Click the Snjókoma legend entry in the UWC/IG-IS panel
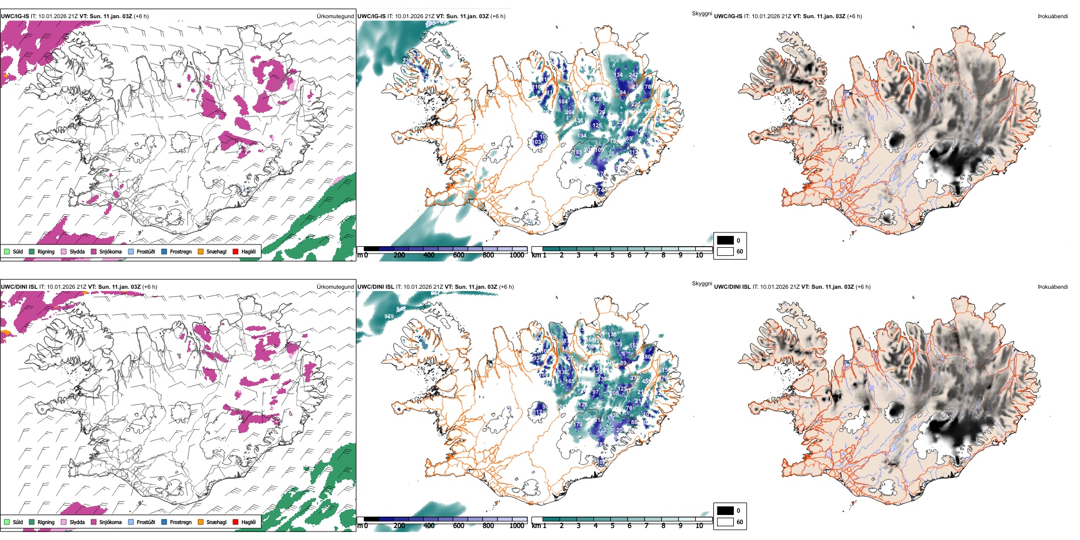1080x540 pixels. click(110, 251)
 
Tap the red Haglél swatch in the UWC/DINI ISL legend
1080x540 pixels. click(235, 522)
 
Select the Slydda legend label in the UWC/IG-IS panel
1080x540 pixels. click(77, 251)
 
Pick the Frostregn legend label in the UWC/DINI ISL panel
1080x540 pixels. click(181, 522)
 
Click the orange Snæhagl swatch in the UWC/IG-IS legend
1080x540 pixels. click(201, 251)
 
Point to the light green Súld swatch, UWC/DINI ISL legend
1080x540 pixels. click(7, 522)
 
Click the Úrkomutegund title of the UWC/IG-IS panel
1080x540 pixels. click(335, 16)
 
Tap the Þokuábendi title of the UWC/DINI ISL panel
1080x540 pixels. click(1053, 286)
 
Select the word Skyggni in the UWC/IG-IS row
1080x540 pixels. click(701, 13)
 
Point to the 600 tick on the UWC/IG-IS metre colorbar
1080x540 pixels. click(459, 255)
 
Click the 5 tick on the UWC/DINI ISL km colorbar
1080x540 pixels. click(613, 526)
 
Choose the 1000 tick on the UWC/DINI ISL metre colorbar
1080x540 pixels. click(517, 526)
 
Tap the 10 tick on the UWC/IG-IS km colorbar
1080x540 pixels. click(699, 255)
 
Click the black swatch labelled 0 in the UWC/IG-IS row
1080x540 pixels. click(725, 240)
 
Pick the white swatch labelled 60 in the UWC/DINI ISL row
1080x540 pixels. click(725, 521)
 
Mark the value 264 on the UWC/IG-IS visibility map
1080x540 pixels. click(570, 113)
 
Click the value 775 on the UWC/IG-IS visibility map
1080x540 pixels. click(611, 140)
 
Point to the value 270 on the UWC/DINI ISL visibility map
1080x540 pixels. click(635, 377)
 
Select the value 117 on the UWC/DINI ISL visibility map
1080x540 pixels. click(538, 412)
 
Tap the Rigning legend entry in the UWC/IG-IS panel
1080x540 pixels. click(46, 251)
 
